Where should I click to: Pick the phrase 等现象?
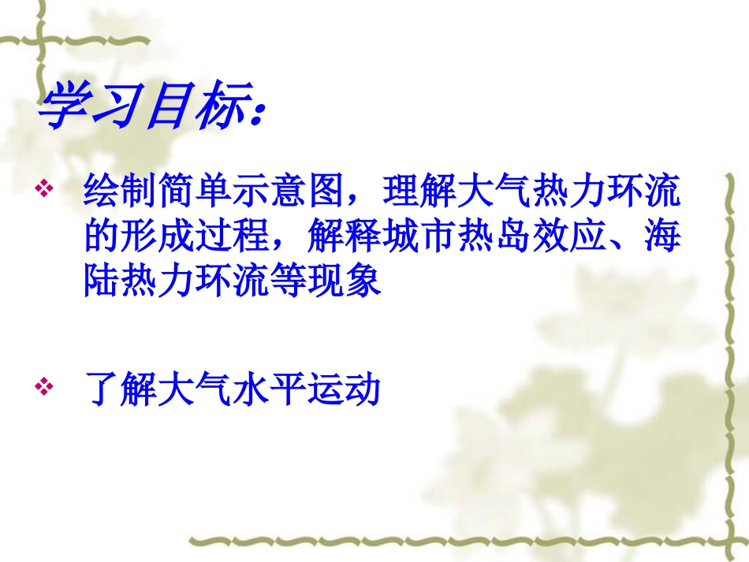coord(337,281)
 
